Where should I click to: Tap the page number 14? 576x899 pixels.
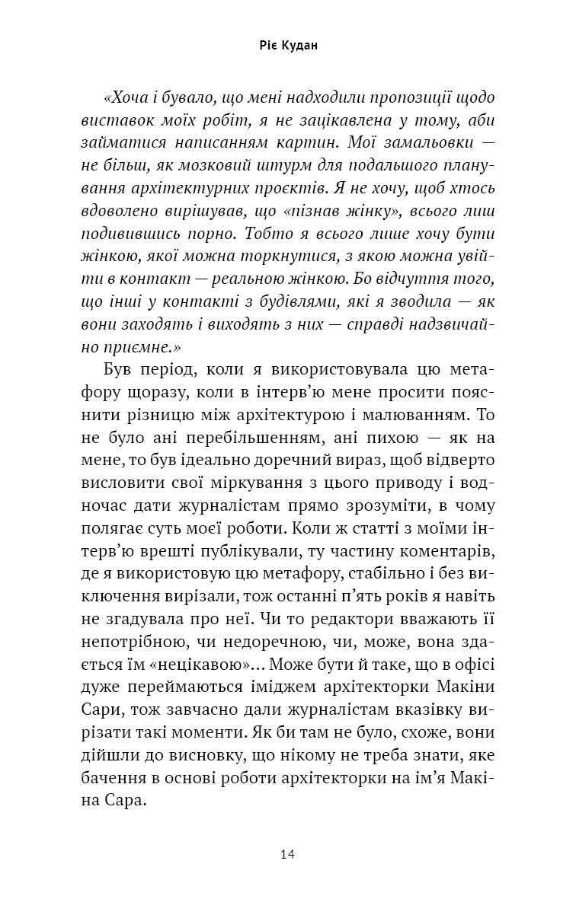(x=287, y=854)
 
